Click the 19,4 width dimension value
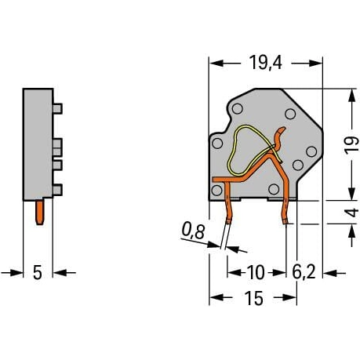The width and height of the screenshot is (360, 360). tap(266, 63)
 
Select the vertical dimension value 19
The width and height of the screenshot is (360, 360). tap(351, 145)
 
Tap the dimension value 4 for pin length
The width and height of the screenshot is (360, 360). tap(352, 213)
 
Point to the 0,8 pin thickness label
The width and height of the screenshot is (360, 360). tap(194, 231)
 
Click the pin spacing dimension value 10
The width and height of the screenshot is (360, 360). tap(256, 272)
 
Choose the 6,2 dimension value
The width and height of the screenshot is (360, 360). tap(304, 272)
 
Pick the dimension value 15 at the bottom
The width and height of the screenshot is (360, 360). tap(253, 298)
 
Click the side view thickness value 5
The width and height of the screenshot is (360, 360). tap(38, 273)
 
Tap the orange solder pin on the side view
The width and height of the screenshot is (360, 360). tap(40, 213)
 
